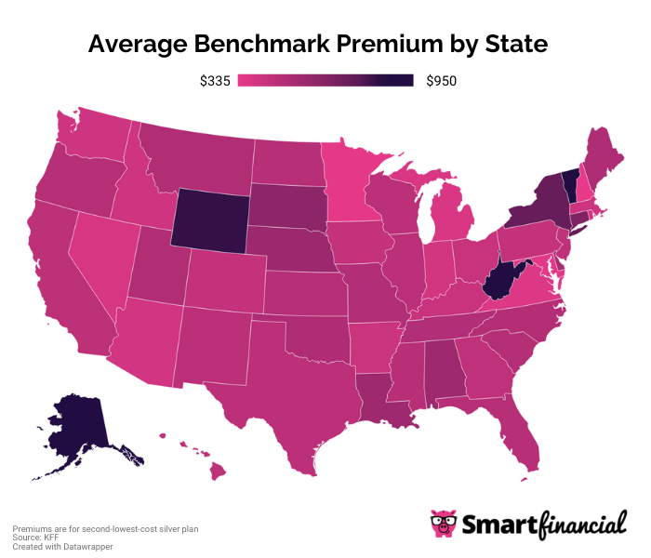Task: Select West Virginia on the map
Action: click(500, 278)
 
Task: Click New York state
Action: click(543, 209)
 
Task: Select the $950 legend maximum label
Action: click(441, 82)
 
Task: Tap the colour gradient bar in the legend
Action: click(325, 82)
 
